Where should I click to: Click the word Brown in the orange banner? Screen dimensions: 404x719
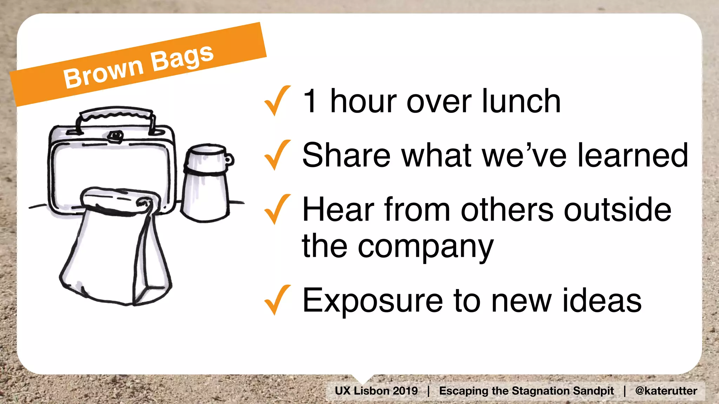coord(104,73)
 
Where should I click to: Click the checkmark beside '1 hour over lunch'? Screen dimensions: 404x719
coord(277,101)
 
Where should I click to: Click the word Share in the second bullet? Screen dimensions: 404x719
coord(346,155)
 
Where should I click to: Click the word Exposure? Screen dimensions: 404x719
coord(372,301)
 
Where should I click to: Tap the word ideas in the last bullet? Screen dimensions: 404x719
coord(602,301)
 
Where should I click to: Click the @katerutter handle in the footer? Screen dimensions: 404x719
coord(666,391)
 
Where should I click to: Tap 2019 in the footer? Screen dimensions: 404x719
coord(405,391)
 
